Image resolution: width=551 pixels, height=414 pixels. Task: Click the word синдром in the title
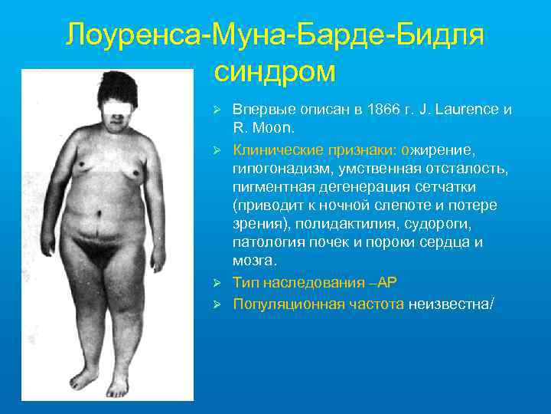pyautogui.click(x=275, y=72)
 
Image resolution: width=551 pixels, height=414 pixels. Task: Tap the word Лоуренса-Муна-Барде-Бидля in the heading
pyautogui.click(x=275, y=34)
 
